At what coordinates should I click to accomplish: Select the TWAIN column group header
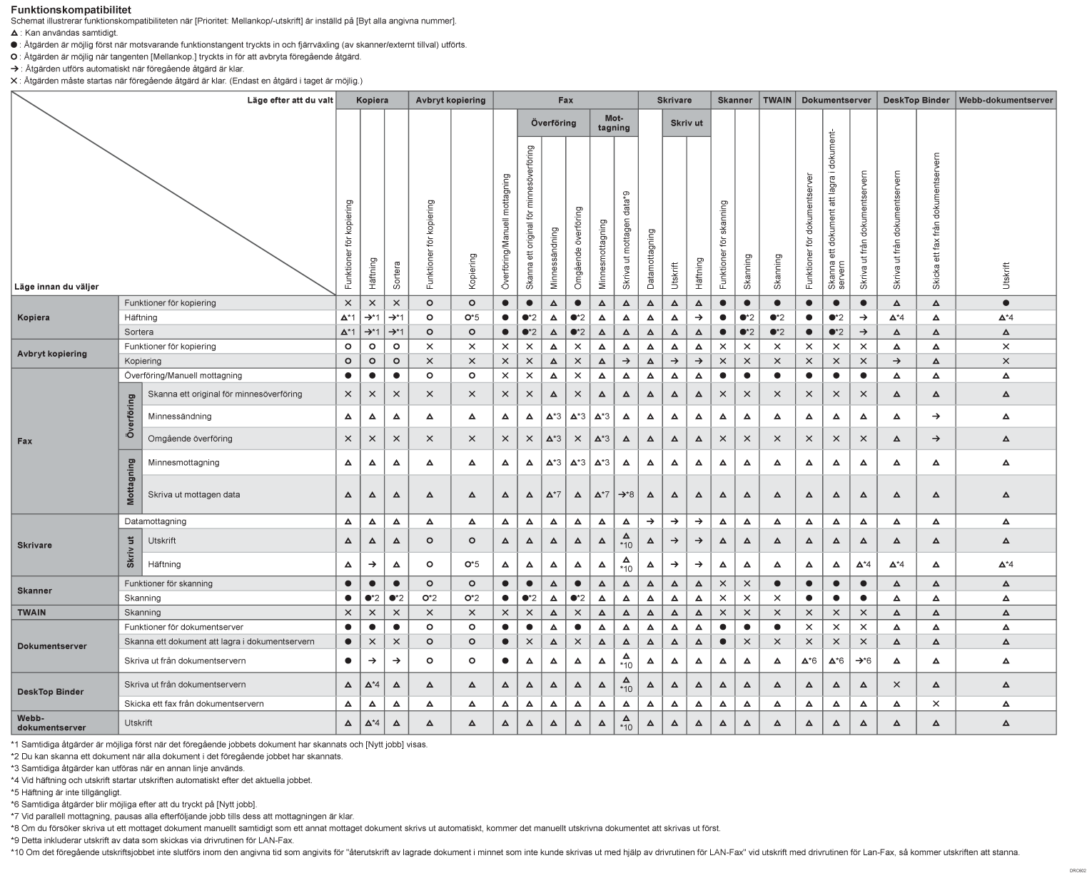pyautogui.click(x=777, y=101)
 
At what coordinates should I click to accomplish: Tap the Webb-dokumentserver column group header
pyautogui.click(x=1005, y=101)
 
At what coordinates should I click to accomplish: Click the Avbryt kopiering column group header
pyautogui.click(x=450, y=101)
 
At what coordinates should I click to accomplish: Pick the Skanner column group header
pyautogui.click(x=734, y=101)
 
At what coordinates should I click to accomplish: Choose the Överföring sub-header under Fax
pyautogui.click(x=553, y=123)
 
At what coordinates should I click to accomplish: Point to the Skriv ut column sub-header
pyautogui.click(x=687, y=123)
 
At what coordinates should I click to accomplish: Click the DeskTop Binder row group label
pyautogui.click(x=50, y=692)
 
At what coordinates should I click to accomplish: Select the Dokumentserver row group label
pyautogui.click(x=52, y=646)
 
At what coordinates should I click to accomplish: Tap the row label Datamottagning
pyautogui.click(x=155, y=521)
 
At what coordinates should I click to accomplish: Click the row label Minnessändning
pyautogui.click(x=180, y=417)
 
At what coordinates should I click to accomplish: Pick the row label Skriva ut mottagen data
pyautogui.click(x=193, y=494)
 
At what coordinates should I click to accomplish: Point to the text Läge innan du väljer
pyautogui.click(x=56, y=287)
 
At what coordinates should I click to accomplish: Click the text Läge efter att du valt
pyautogui.click(x=290, y=101)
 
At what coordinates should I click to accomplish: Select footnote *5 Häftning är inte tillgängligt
pyautogui.click(x=66, y=792)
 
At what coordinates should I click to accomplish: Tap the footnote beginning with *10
pyautogui.click(x=514, y=852)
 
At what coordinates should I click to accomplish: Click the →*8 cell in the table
pyautogui.click(x=626, y=494)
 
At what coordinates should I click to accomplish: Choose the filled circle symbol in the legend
pyautogui.click(x=14, y=45)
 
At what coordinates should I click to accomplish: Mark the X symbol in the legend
pyautogui.click(x=14, y=81)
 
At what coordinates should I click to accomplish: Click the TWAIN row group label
pyautogui.click(x=31, y=613)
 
